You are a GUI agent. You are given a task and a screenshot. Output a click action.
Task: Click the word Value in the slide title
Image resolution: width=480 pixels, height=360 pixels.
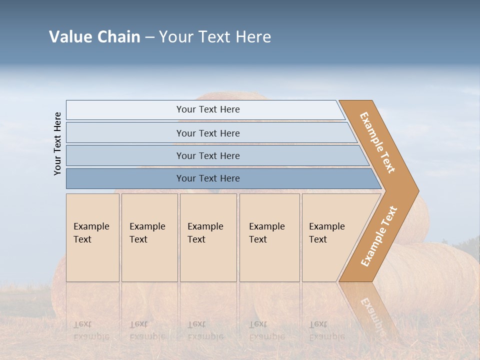click(70, 37)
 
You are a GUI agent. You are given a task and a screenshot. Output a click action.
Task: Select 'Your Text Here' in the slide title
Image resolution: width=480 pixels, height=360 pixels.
click(215, 37)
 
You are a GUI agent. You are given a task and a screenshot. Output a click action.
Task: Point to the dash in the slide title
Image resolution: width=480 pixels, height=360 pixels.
click(149, 37)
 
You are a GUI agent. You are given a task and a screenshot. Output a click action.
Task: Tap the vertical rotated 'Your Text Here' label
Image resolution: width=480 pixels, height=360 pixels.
click(57, 143)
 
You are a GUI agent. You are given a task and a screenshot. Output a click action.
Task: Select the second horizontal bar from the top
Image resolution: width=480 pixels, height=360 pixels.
click(207, 133)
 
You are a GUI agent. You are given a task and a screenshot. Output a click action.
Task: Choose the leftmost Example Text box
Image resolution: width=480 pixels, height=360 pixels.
click(92, 237)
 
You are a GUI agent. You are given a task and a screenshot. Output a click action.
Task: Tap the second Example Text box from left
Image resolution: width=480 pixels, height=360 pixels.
click(149, 237)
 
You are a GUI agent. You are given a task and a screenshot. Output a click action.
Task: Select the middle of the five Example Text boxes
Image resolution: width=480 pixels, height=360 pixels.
click(208, 237)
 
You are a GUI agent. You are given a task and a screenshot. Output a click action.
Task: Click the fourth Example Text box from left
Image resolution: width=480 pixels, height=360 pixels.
click(269, 237)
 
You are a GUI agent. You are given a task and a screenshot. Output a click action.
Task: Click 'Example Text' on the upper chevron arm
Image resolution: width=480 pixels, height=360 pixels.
click(377, 142)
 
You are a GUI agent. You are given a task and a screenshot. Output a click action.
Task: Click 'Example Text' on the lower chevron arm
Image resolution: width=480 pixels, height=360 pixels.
click(379, 236)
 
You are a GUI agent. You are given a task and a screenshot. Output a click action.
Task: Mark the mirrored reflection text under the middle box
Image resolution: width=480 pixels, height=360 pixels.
click(205, 330)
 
